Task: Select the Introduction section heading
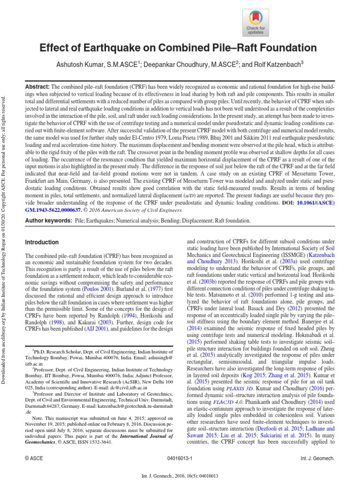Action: point(42,242)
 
